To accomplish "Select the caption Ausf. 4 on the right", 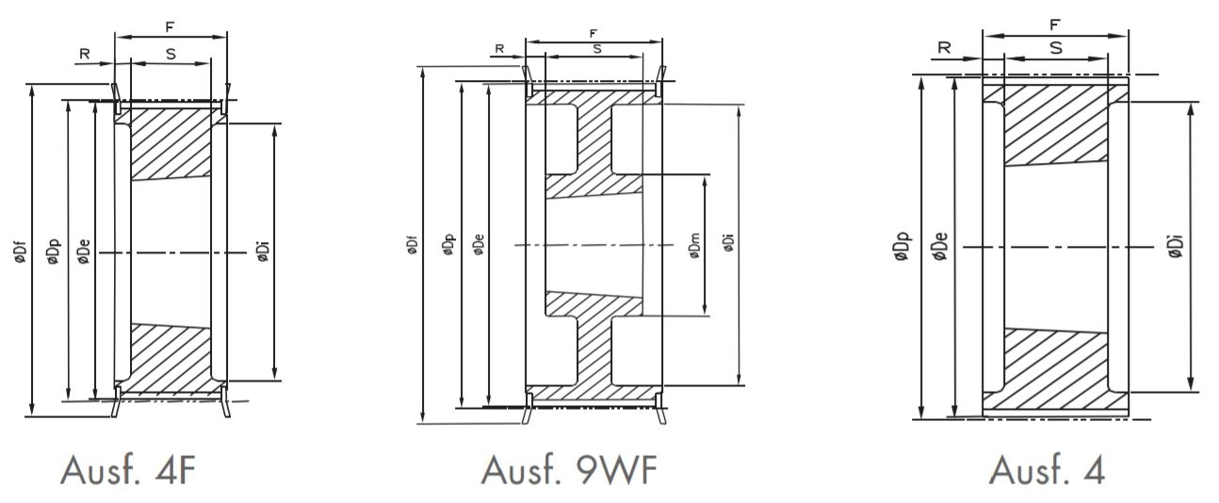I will tap(1048, 469).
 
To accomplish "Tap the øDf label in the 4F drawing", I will tap(20, 253).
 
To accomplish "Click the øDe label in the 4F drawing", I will tap(83, 253).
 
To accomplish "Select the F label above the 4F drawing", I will tap(171, 28).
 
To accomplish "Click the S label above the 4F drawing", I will tap(171, 54).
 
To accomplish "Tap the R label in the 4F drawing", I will tap(84, 54).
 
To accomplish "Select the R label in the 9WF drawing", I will tap(500, 48).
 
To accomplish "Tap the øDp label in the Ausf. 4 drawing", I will tap(905, 247).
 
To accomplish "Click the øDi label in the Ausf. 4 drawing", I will tap(1177, 246).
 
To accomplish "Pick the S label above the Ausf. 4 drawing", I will tap(1055, 47).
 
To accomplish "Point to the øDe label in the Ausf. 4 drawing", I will tap(940, 247).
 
